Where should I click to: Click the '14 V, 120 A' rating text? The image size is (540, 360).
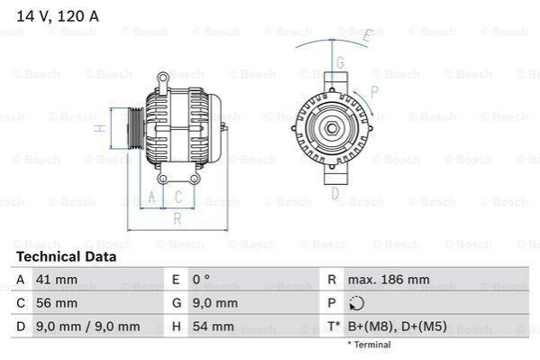[x=58, y=16]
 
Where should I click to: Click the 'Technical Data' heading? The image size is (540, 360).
[x=67, y=257]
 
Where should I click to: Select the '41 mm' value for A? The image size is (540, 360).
[x=57, y=280]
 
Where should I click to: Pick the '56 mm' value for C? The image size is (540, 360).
[x=57, y=303]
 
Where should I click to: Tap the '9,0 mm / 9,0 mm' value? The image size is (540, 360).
[x=87, y=327]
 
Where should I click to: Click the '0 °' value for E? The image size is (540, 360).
[x=201, y=280]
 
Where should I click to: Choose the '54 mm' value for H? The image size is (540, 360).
[x=213, y=327]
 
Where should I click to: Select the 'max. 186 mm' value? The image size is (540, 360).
[x=389, y=280]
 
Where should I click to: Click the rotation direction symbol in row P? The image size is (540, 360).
[x=356, y=303]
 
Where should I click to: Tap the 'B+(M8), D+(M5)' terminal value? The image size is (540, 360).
[x=397, y=327]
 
